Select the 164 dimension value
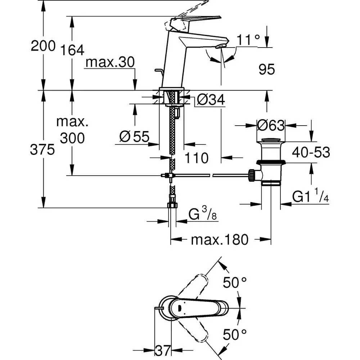[72, 50]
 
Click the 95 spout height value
[266, 69]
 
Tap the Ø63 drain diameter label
[271, 126]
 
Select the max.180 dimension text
[220, 239]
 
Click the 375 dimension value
[43, 149]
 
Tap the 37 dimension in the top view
[162, 350]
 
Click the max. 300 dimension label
[72, 130]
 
